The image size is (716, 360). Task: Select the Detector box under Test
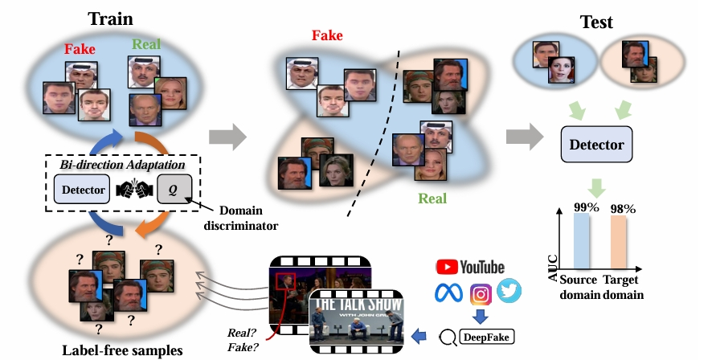coord(596,145)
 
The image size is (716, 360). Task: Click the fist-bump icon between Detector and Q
coord(133,190)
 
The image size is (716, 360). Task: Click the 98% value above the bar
coord(620,209)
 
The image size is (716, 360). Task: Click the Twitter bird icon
coord(509,292)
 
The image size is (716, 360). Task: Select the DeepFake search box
coord(489,336)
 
